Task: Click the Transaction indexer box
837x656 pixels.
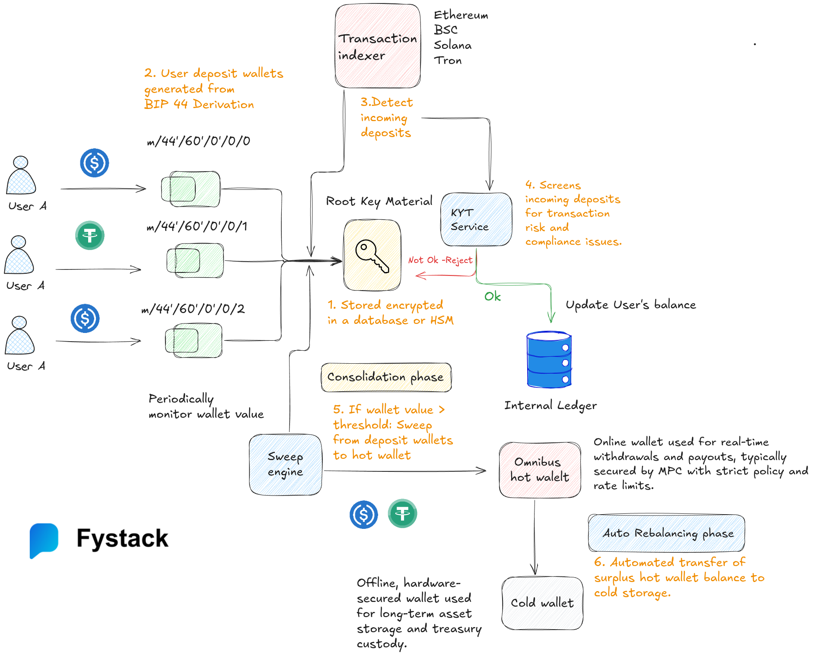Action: tap(377, 46)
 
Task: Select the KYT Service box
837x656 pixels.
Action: tap(476, 219)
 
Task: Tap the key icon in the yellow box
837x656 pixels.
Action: tap(372, 255)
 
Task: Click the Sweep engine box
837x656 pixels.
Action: tap(285, 464)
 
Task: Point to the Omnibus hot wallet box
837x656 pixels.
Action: tap(539, 470)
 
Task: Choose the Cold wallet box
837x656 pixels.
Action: tap(542, 602)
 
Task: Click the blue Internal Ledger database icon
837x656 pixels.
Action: tap(549, 359)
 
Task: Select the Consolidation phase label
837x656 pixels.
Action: tap(385, 377)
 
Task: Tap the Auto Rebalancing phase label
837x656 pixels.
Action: tap(666, 533)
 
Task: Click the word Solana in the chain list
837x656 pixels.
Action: tap(452, 45)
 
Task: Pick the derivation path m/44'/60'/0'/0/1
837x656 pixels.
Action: tap(197, 226)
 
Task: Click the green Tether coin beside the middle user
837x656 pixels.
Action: tap(90, 236)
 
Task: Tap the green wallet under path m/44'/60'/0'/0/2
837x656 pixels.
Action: tap(194, 341)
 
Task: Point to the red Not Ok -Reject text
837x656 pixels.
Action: tap(440, 260)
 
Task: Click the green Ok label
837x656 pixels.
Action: tap(492, 297)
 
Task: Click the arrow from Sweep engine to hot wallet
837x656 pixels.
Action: tap(404, 471)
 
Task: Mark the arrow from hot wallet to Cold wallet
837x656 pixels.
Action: tap(535, 536)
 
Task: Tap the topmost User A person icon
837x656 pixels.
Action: tap(21, 176)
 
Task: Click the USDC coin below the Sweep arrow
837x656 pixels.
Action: tap(363, 515)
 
